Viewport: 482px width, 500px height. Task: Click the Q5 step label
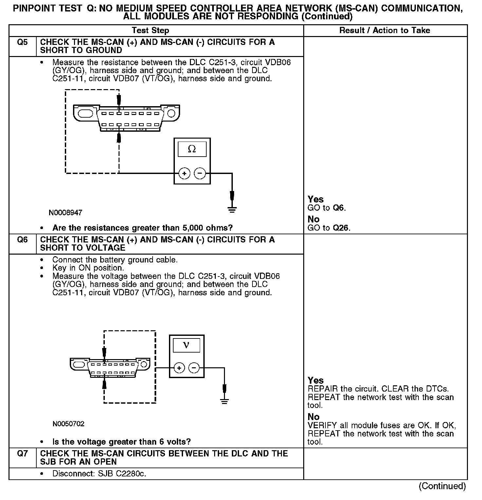[x=22, y=42]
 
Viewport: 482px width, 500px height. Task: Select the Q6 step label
[x=22, y=240]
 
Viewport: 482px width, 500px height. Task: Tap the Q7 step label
[x=22, y=454]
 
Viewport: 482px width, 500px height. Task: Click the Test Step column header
[x=150, y=30]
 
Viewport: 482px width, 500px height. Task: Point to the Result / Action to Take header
[x=385, y=30]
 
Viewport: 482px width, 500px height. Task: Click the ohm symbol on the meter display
[x=192, y=149]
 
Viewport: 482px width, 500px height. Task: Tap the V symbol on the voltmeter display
[x=186, y=345]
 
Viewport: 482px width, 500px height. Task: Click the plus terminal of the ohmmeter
[x=184, y=173]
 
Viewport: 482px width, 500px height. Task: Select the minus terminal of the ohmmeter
[x=200, y=173]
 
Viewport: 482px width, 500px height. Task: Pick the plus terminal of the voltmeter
[x=179, y=368]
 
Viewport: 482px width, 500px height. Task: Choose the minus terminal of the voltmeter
[x=194, y=368]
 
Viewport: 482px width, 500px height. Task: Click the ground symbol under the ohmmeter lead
[x=232, y=209]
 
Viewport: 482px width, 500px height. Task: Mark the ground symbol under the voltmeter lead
[x=224, y=401]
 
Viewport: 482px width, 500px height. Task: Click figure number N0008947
[x=65, y=213]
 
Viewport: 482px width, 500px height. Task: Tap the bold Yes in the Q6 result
[x=316, y=380]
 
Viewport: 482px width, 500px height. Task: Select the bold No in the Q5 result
[x=313, y=219]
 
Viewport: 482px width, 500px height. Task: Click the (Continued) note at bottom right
[x=442, y=486]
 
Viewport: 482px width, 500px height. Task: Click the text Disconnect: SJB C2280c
[x=99, y=474]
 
